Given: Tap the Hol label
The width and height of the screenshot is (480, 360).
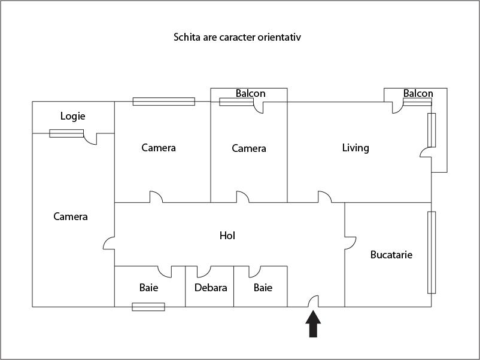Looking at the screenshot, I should click(x=227, y=236).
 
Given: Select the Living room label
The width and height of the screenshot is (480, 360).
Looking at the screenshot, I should click(x=356, y=148).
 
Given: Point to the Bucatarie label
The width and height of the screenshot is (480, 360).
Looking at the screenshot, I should click(x=391, y=254).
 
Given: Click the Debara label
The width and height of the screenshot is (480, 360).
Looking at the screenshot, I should click(x=211, y=288).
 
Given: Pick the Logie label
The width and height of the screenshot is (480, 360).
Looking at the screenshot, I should click(x=73, y=116).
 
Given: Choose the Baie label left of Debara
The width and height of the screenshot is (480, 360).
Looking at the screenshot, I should click(x=149, y=288).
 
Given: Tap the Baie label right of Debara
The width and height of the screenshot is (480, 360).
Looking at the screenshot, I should click(x=263, y=288).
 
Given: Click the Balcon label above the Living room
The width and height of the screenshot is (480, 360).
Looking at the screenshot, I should click(x=418, y=94).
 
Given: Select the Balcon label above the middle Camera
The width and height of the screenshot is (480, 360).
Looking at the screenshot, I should click(x=250, y=94).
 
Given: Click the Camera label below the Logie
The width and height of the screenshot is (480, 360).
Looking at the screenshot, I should click(x=70, y=216).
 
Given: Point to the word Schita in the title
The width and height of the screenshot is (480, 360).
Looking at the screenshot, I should click(x=187, y=37).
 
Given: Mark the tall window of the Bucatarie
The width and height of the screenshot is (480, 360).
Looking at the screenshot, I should click(x=431, y=252).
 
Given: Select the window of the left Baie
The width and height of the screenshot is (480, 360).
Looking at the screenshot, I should click(x=148, y=307).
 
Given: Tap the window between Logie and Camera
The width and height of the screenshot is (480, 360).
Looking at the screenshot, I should click(x=66, y=133).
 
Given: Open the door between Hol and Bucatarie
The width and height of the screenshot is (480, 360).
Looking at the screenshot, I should click(x=350, y=242).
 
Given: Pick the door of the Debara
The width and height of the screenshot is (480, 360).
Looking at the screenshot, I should click(x=204, y=271).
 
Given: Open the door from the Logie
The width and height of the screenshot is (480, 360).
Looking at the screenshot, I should click(x=91, y=139).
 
